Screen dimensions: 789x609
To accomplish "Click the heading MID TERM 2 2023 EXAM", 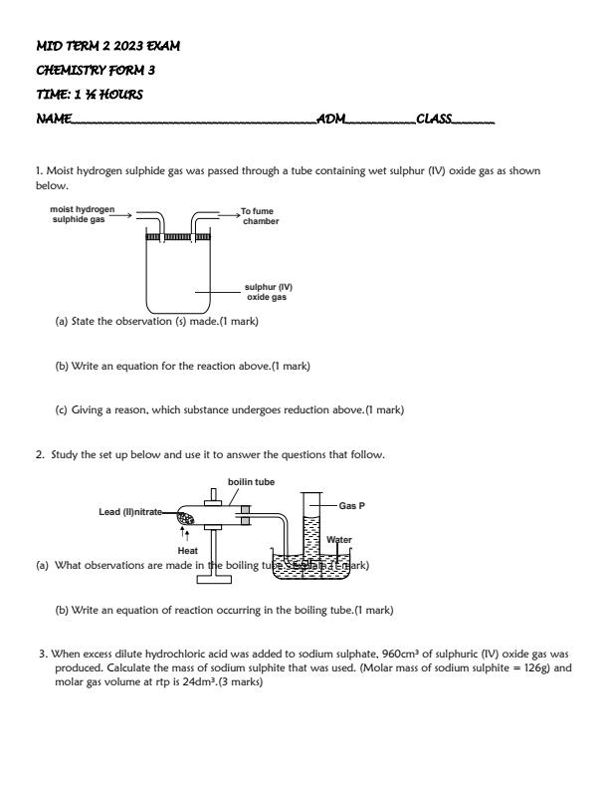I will coord(107,47).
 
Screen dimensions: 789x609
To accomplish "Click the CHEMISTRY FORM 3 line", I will coord(95,70).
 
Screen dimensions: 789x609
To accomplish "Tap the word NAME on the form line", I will coord(53,119).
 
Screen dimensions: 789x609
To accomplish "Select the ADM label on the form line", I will coord(330,119).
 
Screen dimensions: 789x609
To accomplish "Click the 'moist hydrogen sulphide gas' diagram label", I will coord(83,215).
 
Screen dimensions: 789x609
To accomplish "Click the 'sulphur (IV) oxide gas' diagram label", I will coord(269,292).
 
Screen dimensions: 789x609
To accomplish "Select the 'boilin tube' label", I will coord(251,482).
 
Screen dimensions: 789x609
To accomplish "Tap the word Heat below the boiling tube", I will coord(187,550).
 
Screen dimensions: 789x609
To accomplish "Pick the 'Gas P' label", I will coord(352,506).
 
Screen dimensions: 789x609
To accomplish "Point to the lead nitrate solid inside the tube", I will coord(185,518).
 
